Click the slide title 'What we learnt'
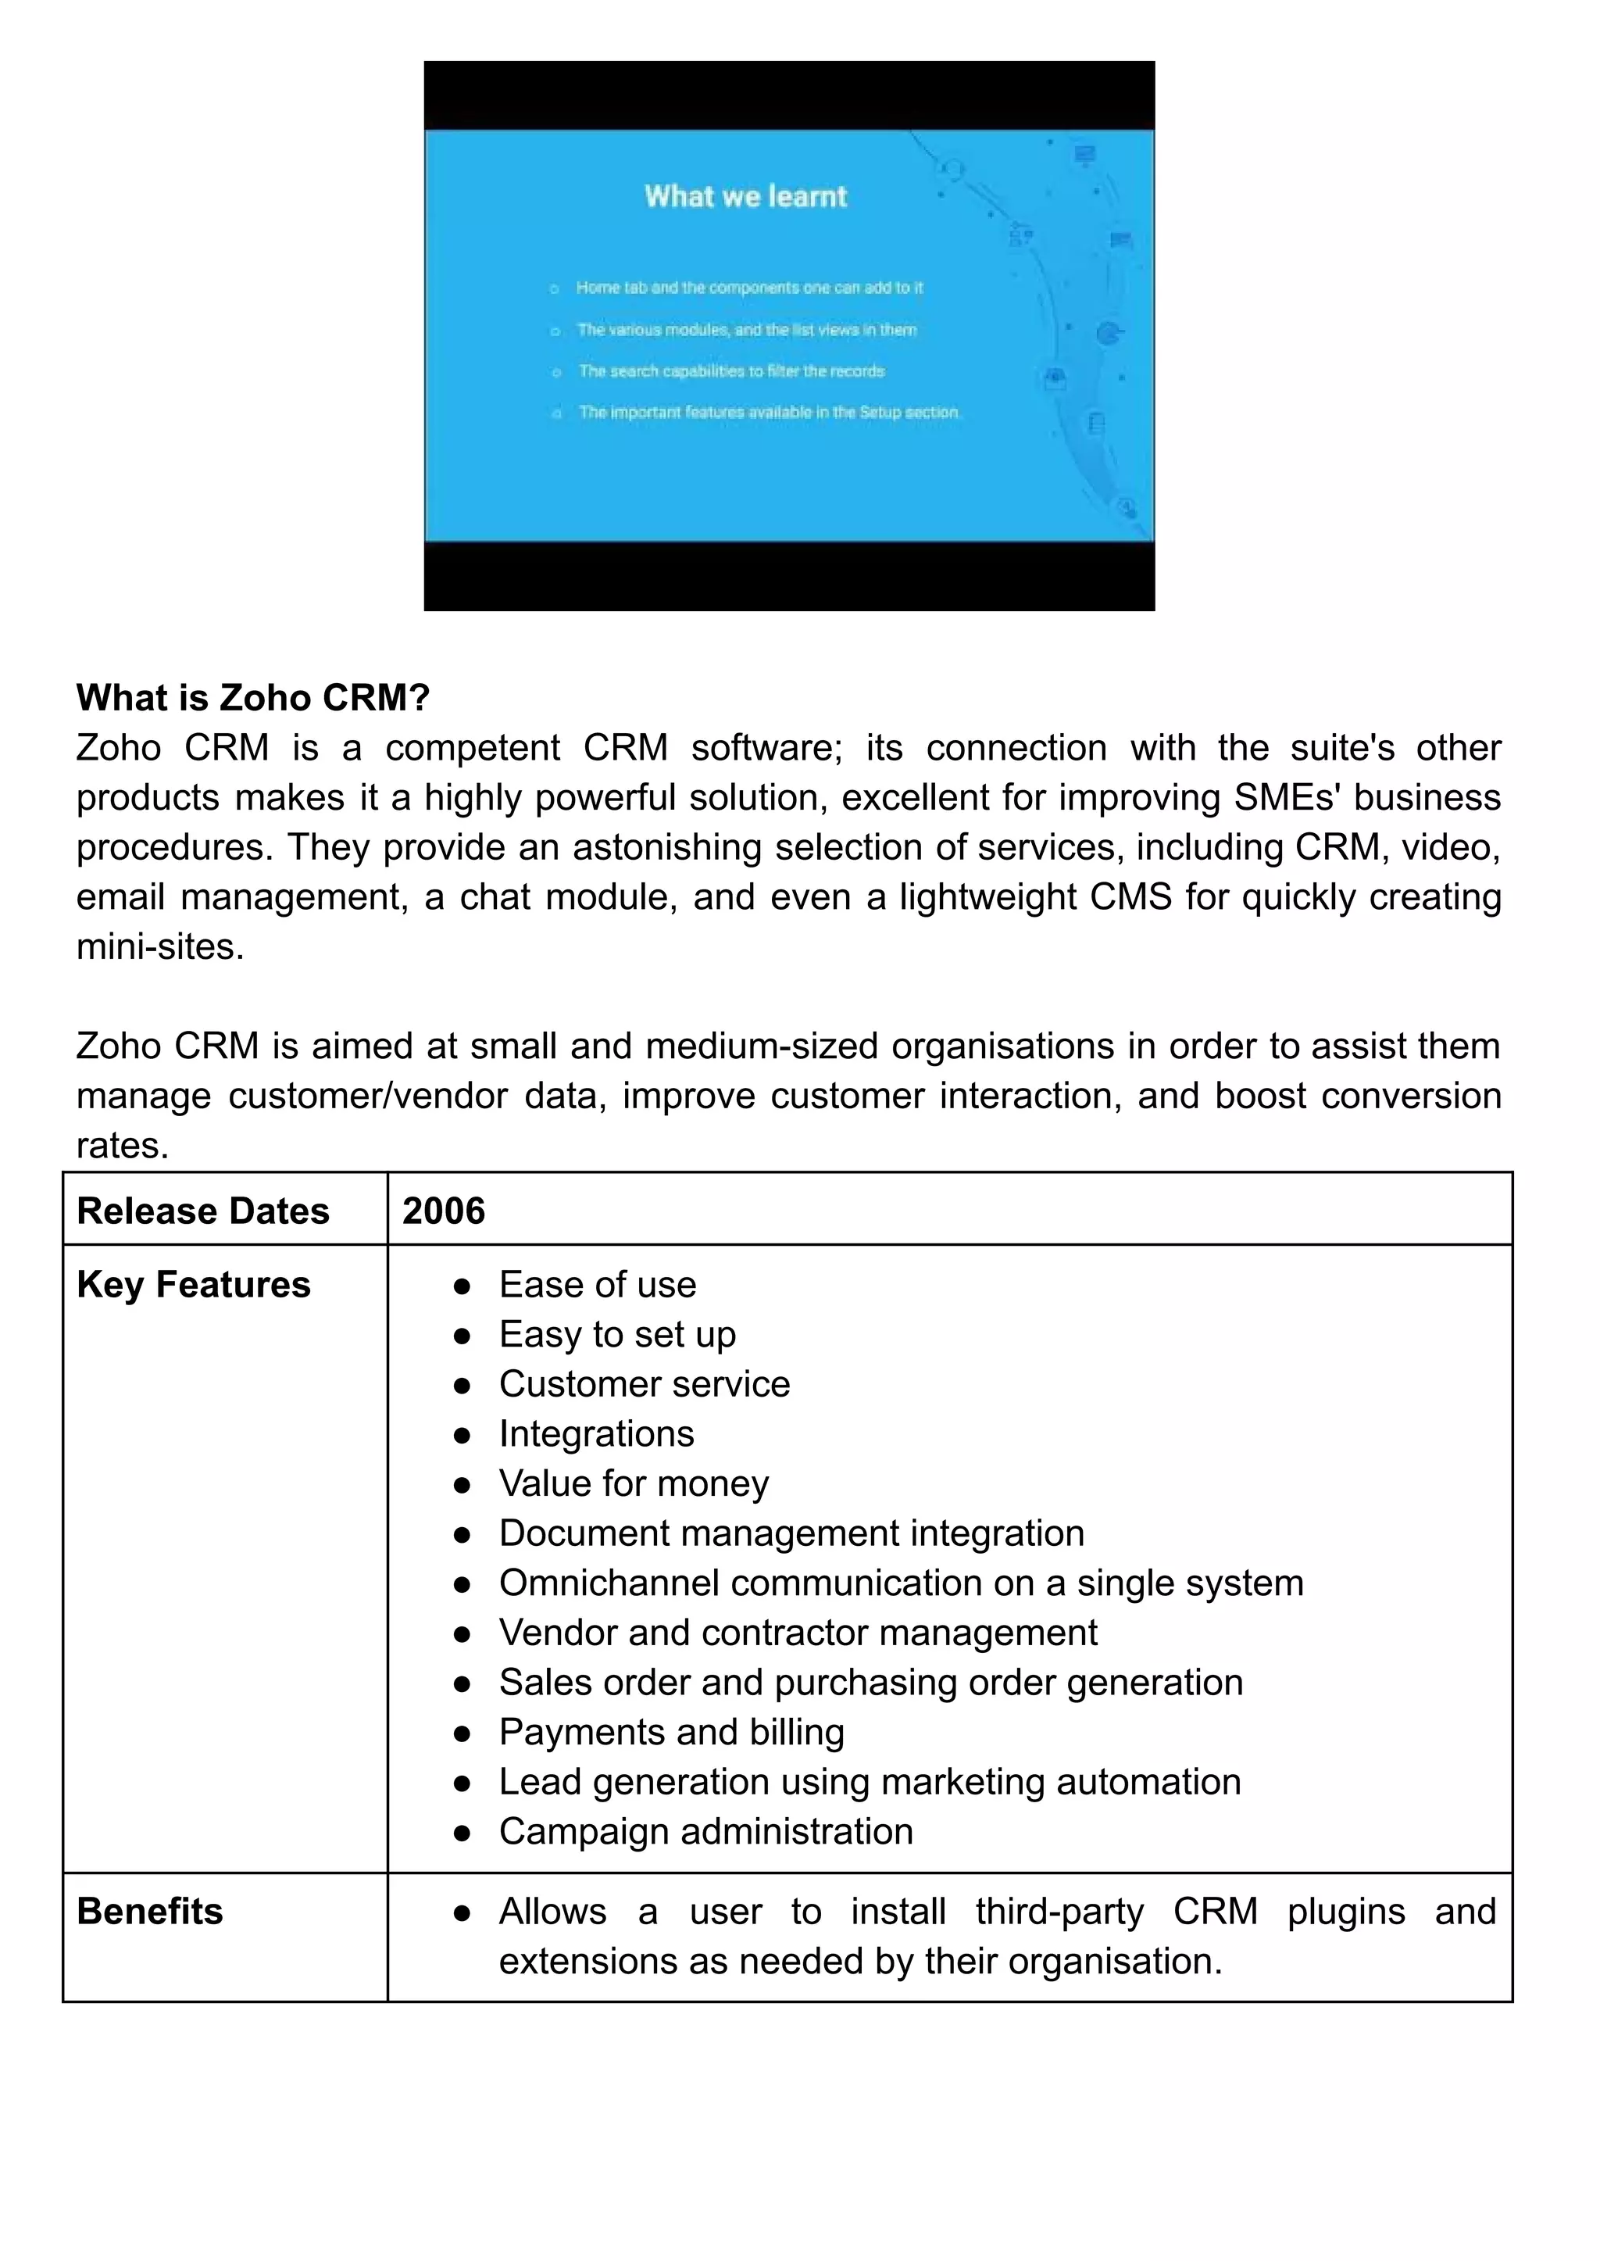[x=746, y=196]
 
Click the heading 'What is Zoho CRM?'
[x=253, y=698]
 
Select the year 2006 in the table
[x=443, y=1211]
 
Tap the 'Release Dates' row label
[x=203, y=1211]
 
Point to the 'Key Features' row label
[x=193, y=1284]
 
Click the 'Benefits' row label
[x=150, y=1910]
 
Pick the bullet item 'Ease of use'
[x=597, y=1284]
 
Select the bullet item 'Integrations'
[x=596, y=1433]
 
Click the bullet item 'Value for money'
[x=634, y=1483]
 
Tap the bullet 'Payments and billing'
[x=672, y=1731]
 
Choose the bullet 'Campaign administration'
[x=705, y=1830]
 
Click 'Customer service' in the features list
[x=645, y=1384]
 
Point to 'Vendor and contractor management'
[x=798, y=1631]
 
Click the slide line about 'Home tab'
[x=748, y=288]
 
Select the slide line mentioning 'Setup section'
[x=769, y=412]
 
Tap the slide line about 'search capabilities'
[x=731, y=370]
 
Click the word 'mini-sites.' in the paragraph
[x=159, y=946]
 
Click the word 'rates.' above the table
[x=122, y=1145]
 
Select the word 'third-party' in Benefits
[x=1059, y=1910]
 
